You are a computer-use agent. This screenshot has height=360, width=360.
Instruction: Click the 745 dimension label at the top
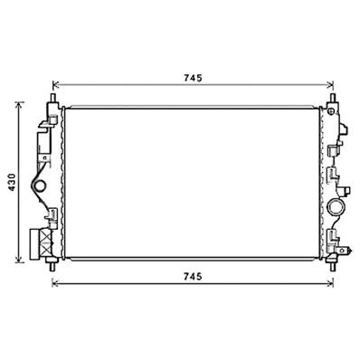(192, 78)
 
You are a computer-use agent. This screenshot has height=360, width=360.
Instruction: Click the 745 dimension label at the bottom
(192, 275)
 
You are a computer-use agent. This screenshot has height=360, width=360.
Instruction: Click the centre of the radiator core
(192, 181)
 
